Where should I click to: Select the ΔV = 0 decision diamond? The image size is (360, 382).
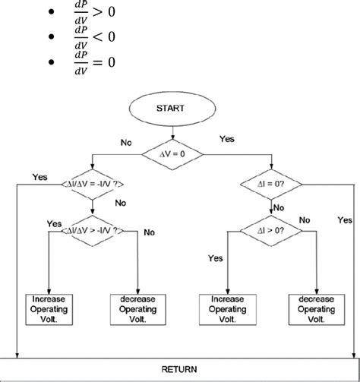point(180,154)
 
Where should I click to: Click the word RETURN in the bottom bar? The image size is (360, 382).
point(179,369)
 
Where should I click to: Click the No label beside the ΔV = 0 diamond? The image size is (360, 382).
point(126,141)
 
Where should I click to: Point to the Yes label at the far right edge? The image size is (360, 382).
point(345,219)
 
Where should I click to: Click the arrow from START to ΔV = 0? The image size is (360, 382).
point(180,134)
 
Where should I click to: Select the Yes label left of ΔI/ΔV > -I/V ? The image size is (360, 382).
point(54,224)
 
